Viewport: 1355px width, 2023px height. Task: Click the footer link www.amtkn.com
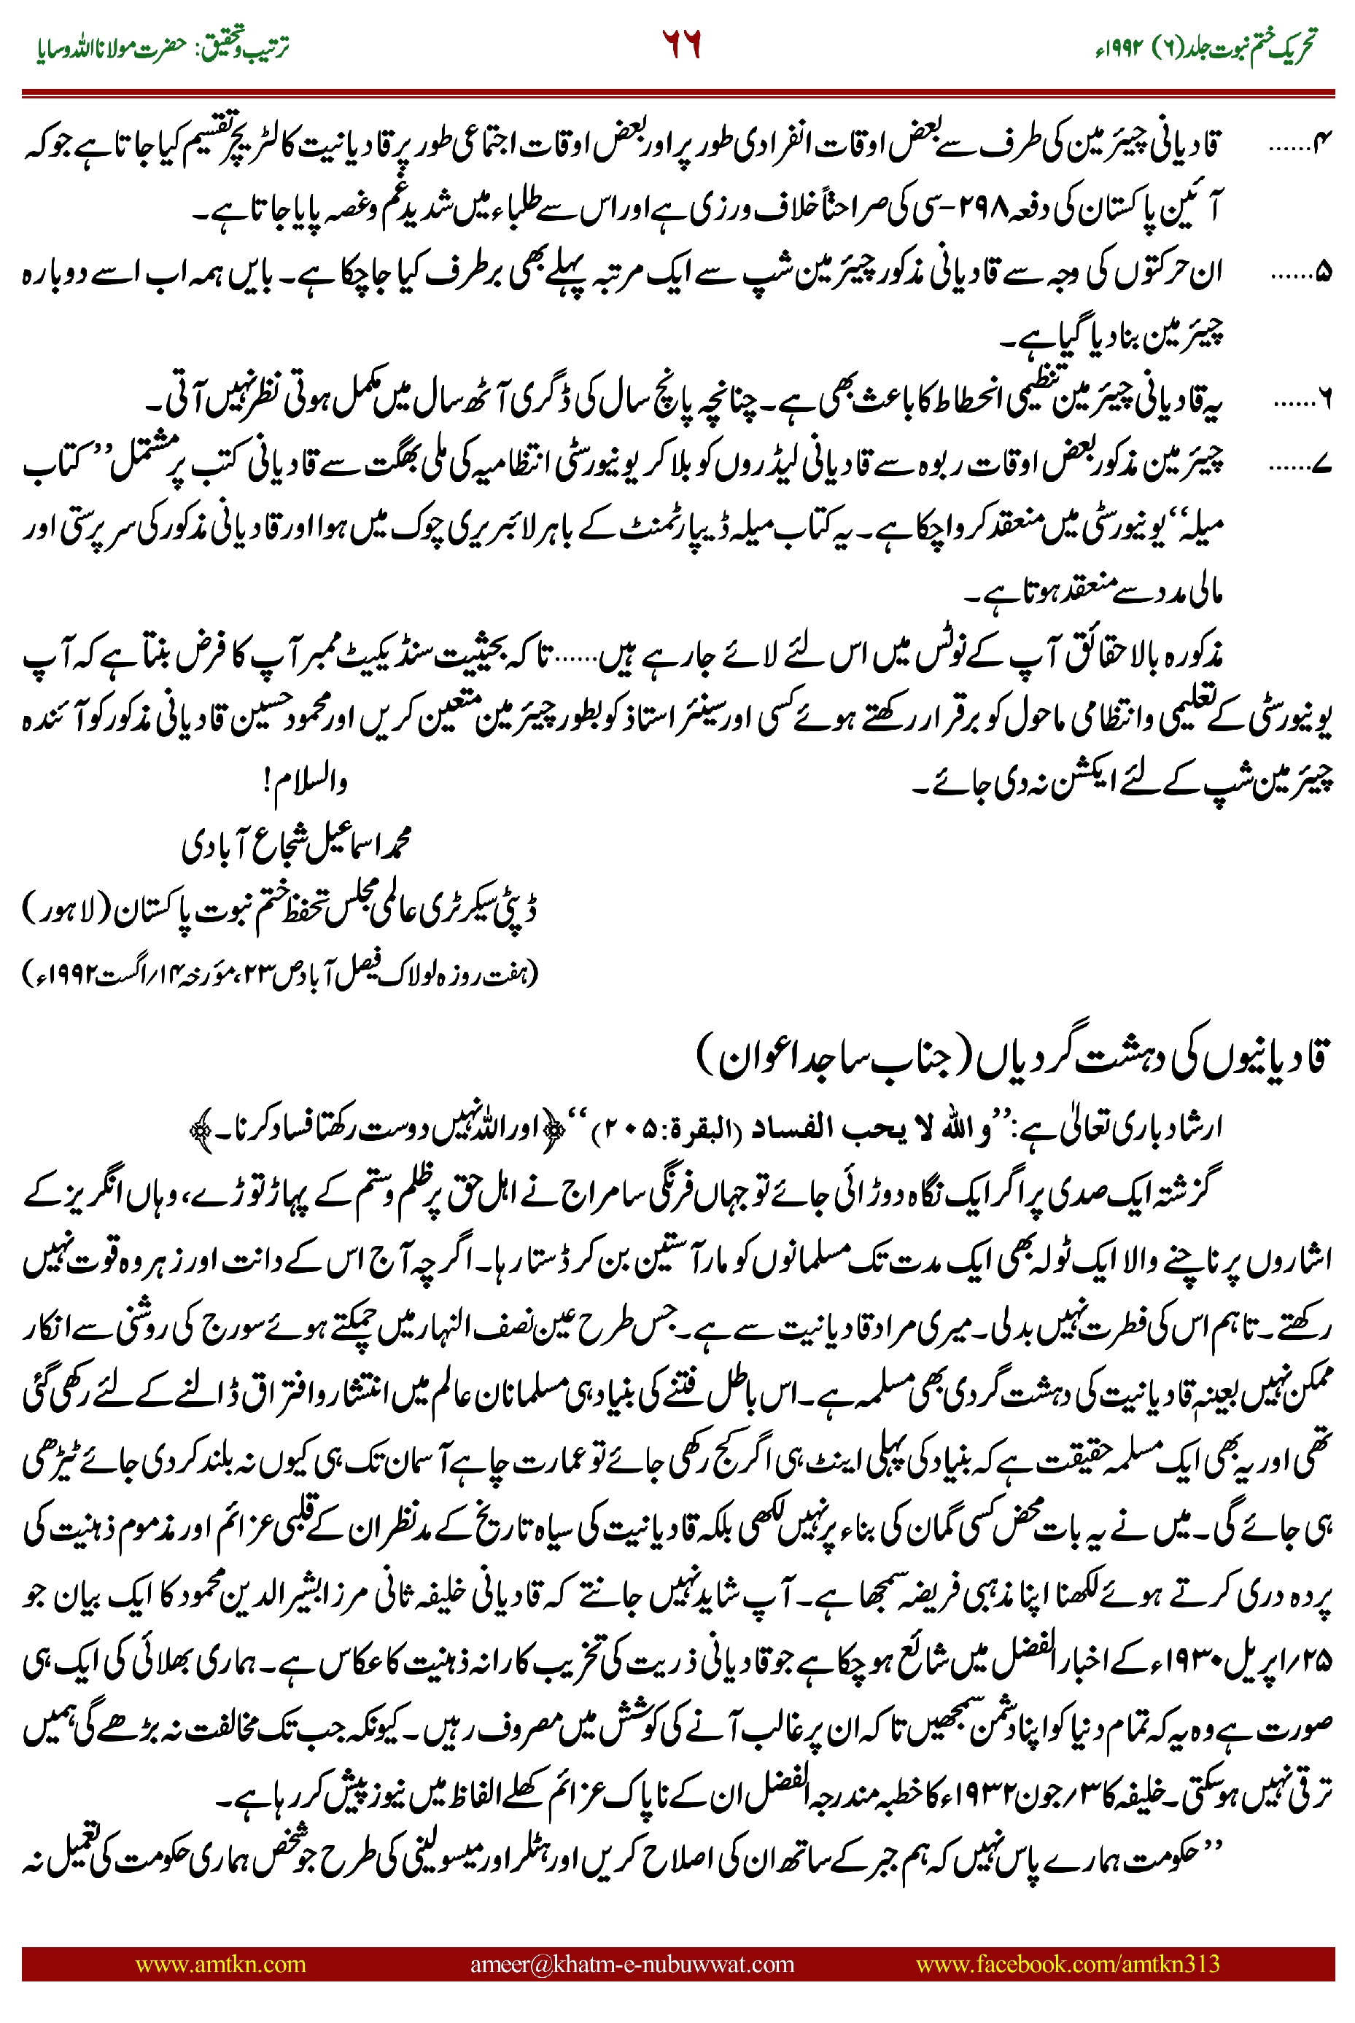pyautogui.click(x=220, y=1963)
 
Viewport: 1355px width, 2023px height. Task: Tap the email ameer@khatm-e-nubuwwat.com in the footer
pyautogui.click(x=632, y=1963)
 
